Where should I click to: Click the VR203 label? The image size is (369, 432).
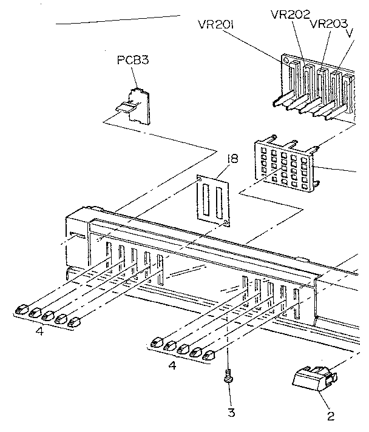[328, 24]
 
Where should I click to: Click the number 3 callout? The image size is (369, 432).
[231, 413]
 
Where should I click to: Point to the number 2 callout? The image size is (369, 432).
[331, 416]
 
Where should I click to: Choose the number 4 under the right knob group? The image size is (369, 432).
[173, 366]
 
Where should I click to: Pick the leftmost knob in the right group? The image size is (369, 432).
[157, 342]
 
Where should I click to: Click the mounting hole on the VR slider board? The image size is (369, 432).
[284, 62]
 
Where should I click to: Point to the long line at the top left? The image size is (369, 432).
[118, 20]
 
